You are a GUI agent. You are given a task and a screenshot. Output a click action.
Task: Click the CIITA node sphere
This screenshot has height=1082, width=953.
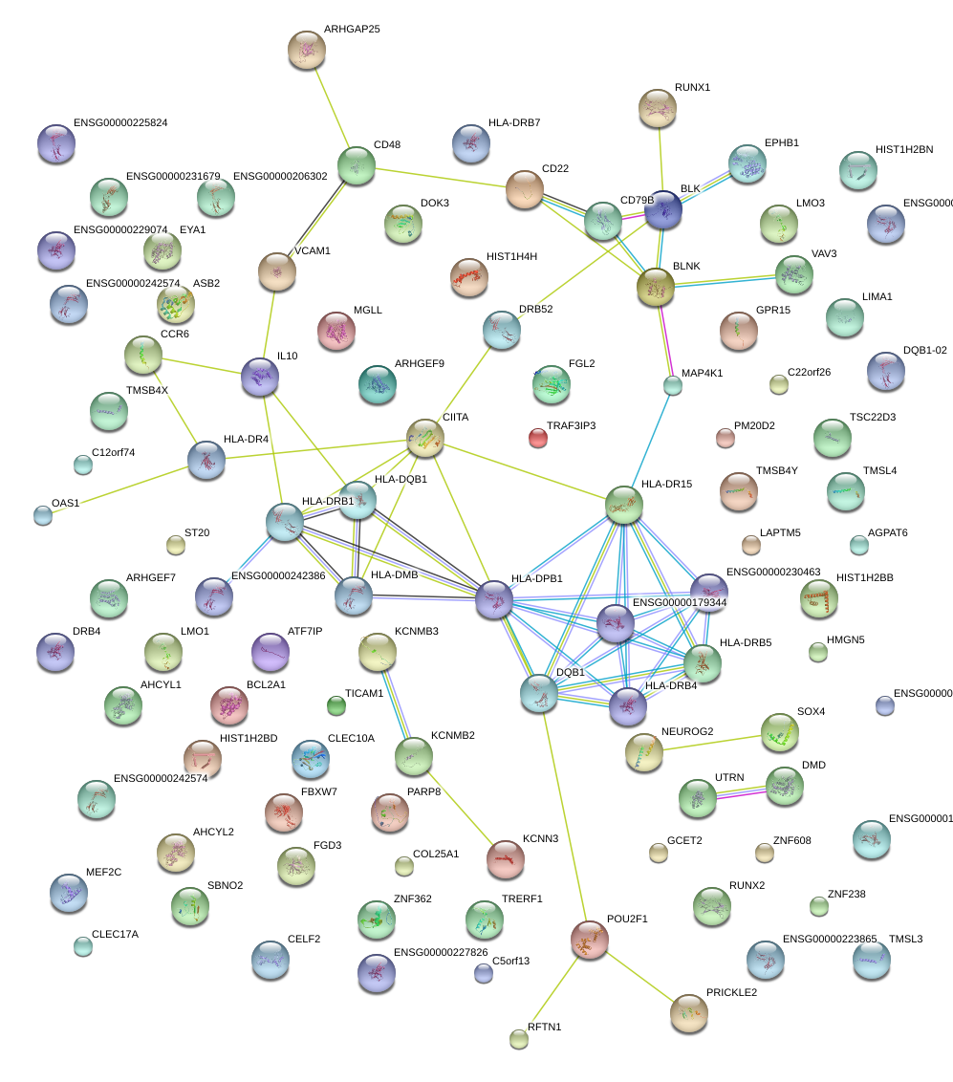click(425, 438)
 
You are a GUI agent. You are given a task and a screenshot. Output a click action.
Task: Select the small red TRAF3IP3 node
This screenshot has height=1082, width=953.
click(538, 439)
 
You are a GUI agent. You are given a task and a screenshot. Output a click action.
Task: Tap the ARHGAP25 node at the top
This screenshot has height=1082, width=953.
click(307, 49)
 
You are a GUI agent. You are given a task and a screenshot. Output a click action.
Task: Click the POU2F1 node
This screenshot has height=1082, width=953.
click(590, 940)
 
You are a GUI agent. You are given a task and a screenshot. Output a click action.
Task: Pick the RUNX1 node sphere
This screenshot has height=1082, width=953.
click(658, 109)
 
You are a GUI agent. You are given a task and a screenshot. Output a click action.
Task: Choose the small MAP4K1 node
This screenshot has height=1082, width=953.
click(673, 386)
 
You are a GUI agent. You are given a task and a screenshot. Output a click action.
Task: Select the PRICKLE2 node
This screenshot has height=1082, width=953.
click(689, 1013)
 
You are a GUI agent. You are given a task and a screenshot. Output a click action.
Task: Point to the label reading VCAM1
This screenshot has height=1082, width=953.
click(312, 251)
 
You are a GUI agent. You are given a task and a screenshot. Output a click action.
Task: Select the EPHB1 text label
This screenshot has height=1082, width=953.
click(781, 143)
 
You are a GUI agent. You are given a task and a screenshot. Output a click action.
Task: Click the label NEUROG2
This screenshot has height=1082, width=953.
click(687, 732)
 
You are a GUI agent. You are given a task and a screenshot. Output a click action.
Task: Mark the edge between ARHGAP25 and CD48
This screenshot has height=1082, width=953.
click(332, 107)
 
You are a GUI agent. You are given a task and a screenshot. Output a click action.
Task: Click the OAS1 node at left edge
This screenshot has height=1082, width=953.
click(43, 516)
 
